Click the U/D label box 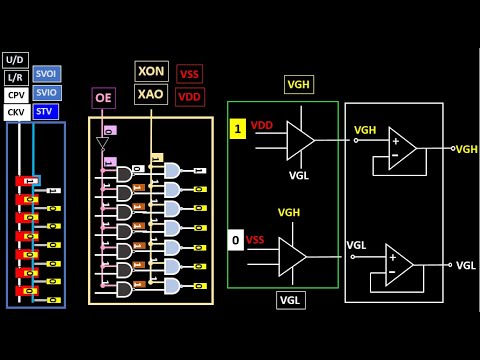[16, 59]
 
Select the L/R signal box [16, 76]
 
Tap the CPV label [16, 94]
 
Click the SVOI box [46, 74]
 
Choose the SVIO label [46, 92]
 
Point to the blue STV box [46, 111]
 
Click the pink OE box [103, 97]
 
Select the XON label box [151, 71]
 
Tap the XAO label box [151, 93]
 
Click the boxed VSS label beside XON [189, 74]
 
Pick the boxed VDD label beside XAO [189, 97]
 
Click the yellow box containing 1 [238, 128]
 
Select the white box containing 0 [235, 240]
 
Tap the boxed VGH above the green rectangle [298, 85]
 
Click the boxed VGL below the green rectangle [290, 300]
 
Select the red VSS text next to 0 [256, 240]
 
